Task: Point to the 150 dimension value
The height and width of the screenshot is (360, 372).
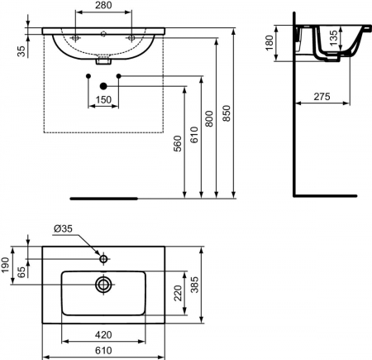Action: [x=103, y=101]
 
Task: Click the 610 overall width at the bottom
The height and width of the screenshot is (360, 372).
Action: [x=103, y=352]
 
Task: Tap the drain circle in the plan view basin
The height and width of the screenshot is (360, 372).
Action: [x=103, y=284]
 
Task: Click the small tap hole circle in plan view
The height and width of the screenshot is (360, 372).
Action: [x=103, y=260]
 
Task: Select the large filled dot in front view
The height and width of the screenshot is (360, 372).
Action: [x=103, y=86]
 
